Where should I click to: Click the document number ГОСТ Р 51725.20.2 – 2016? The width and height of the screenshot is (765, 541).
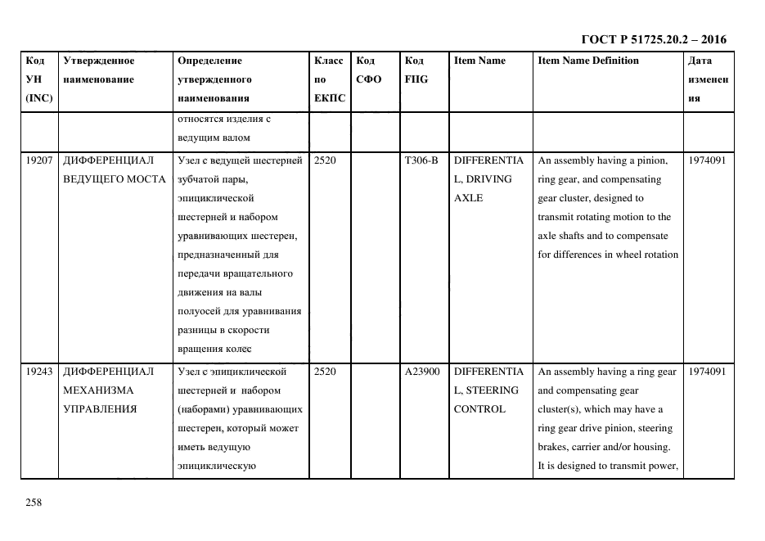point(653,39)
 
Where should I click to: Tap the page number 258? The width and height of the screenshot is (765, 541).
point(34,503)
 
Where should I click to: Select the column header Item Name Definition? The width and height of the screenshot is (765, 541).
point(588,61)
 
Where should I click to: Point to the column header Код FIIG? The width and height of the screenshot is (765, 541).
point(416,70)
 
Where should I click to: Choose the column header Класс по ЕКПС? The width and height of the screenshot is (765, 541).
point(329,79)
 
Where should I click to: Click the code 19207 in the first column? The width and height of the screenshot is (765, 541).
point(39,160)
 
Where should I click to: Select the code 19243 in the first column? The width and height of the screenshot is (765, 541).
point(39,372)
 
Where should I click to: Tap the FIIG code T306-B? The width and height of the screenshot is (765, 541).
point(421,160)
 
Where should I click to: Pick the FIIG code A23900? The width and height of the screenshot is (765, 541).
point(422,372)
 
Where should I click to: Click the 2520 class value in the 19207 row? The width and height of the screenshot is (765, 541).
point(324,160)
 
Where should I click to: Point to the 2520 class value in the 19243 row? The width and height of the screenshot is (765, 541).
point(324,372)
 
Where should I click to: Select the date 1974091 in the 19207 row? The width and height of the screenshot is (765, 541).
point(708,160)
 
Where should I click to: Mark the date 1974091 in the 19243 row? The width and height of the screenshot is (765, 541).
point(708,372)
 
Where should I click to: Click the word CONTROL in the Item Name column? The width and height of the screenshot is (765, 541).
point(479,409)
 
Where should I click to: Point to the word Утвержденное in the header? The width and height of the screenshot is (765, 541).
point(98,61)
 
